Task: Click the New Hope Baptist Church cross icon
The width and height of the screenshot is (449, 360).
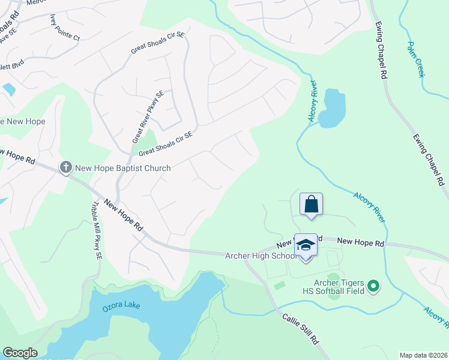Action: pyautogui.click(x=65, y=167)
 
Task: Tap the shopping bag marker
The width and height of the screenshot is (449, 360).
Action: pyautogui.click(x=312, y=204)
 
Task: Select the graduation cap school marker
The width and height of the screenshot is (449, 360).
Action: pyautogui.click(x=306, y=245)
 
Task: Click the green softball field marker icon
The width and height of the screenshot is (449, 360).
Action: pyautogui.click(x=373, y=287)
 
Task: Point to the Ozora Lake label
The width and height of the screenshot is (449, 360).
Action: pyautogui.click(x=121, y=305)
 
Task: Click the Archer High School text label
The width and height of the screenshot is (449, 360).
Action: pyautogui.click(x=261, y=256)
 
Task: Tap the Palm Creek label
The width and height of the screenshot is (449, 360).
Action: pyautogui.click(x=415, y=59)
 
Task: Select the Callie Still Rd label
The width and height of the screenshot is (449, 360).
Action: pyautogui.click(x=301, y=328)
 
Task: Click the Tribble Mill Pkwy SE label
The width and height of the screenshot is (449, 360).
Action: pyautogui.click(x=96, y=230)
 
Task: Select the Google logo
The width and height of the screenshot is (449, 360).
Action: pyautogui.click(x=20, y=353)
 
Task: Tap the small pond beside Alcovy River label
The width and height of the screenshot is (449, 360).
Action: pyautogui.click(x=332, y=108)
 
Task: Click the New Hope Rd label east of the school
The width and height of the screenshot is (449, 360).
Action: pyautogui.click(x=360, y=241)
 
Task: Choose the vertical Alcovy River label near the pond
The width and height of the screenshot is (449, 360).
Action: pyautogui.click(x=313, y=101)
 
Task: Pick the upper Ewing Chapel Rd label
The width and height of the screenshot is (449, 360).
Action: pyautogui.click(x=380, y=50)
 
